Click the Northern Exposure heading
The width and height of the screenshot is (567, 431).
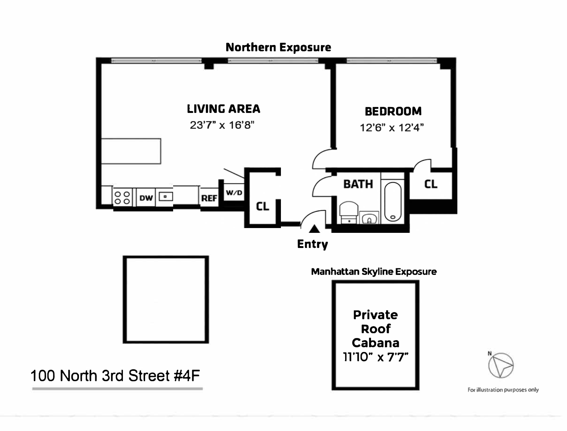tap(278, 47)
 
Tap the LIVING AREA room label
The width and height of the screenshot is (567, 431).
tap(223, 109)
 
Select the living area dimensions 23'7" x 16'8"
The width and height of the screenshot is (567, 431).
tap(222, 125)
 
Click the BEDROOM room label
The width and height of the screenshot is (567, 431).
tap(393, 111)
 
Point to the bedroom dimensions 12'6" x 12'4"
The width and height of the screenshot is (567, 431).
tap(392, 128)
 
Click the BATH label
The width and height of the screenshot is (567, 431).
tap(358, 184)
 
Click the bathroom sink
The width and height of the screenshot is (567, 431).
tap(369, 219)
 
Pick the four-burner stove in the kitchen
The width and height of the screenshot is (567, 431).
tap(122, 197)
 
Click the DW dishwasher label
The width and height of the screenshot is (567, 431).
tap(146, 198)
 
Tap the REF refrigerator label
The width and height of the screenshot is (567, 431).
tap(209, 198)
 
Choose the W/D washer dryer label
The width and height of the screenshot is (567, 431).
tap(234, 193)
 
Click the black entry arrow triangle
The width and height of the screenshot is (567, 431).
tap(314, 229)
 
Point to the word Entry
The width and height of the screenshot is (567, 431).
tap(312, 244)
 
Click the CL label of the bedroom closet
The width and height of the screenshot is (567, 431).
tap(431, 184)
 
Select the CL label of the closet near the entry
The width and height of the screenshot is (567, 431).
tap(262, 206)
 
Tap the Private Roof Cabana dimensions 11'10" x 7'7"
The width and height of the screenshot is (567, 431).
tap(375, 357)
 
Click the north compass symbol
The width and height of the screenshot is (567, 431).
tap(501, 365)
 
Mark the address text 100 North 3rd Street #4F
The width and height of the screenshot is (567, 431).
tap(115, 376)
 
